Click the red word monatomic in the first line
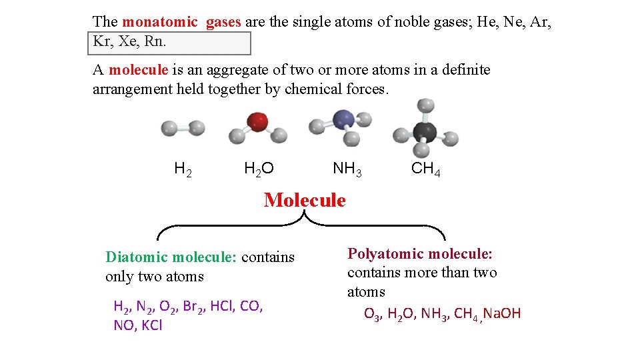(160, 22)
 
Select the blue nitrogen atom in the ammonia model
(343, 120)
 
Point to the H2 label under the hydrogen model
(183, 169)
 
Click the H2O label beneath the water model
(259, 169)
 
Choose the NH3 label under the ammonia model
(347, 169)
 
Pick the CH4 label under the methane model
(426, 169)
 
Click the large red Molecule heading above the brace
(305, 200)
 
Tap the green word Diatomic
(138, 257)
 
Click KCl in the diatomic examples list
(151, 326)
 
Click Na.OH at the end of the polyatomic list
(503, 313)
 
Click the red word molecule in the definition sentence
(138, 70)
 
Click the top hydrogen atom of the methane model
(424, 105)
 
